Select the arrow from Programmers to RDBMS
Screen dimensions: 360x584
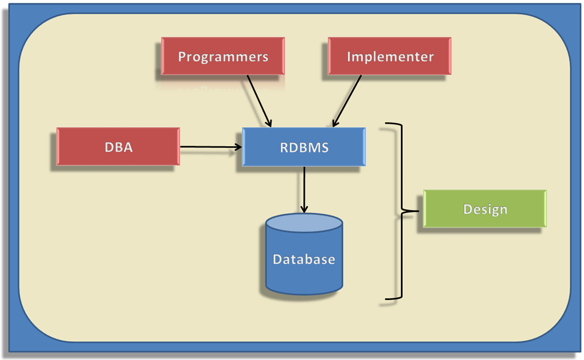259,100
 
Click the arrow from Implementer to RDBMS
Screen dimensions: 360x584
347,100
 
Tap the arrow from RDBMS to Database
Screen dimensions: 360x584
305,188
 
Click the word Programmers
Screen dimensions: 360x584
222,57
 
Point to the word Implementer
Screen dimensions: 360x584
390,57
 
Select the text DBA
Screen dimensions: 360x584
118,147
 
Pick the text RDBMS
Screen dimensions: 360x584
304,147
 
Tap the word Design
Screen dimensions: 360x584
485,209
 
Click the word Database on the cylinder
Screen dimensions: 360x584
304,260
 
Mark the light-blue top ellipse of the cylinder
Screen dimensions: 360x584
304,223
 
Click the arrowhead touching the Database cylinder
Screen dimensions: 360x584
305,209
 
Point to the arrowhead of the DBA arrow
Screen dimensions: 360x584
238,147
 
